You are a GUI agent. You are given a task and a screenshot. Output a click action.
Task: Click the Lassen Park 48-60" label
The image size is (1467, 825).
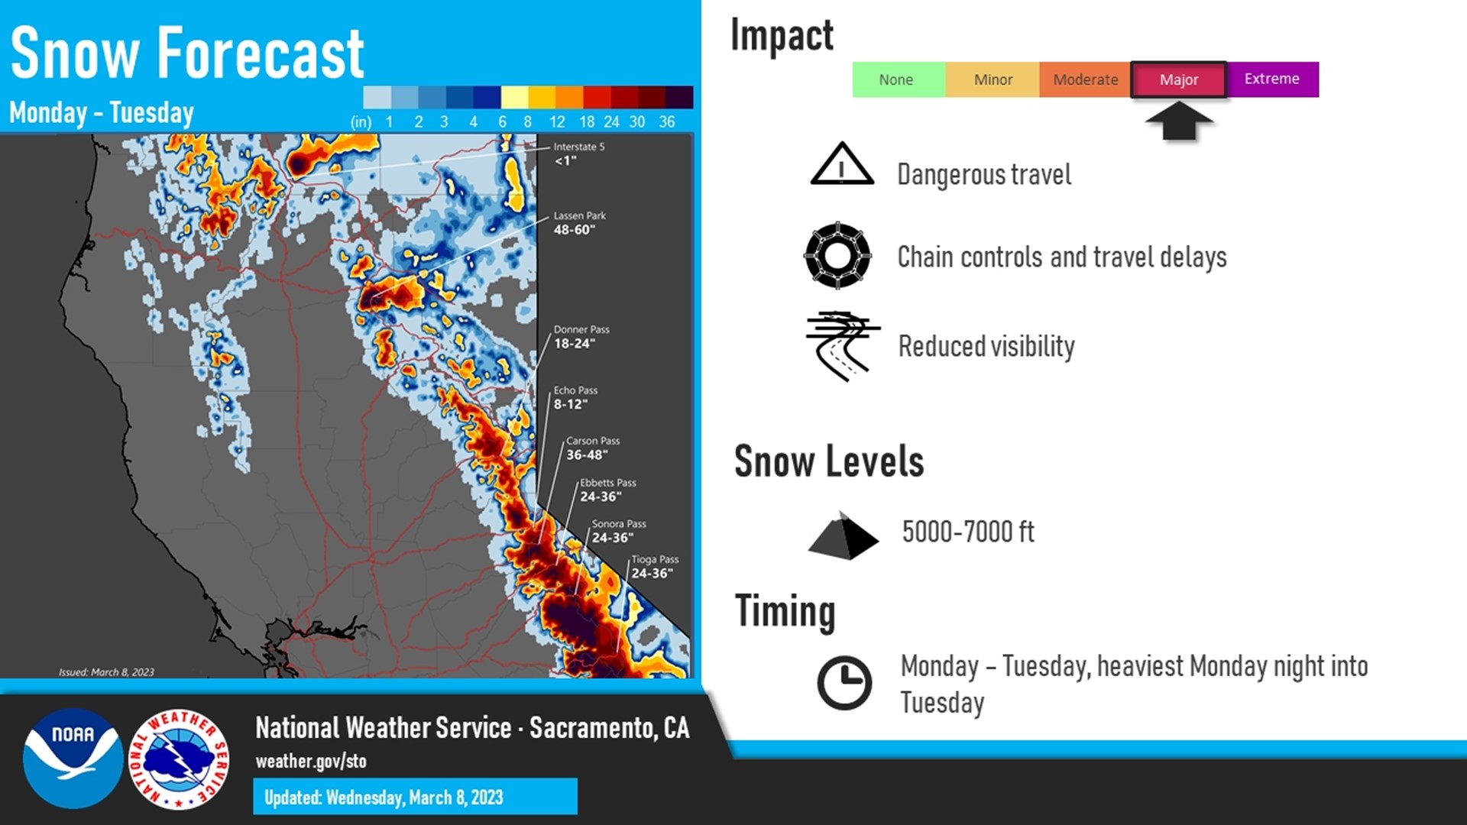click(x=579, y=223)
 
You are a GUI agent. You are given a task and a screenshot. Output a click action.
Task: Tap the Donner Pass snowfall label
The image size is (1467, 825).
click(x=581, y=337)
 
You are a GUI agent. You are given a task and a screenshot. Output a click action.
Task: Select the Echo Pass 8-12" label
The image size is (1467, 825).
click(x=575, y=397)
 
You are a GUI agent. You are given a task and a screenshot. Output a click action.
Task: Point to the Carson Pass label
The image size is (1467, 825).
click(x=592, y=448)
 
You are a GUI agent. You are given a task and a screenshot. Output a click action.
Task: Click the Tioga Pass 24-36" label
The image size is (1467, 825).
click(x=654, y=567)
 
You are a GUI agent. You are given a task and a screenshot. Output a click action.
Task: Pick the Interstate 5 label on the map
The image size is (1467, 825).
click(x=578, y=154)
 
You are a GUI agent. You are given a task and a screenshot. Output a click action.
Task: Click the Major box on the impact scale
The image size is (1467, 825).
click(x=1178, y=79)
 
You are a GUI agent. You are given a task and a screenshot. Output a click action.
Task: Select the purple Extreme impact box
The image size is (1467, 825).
click(x=1272, y=79)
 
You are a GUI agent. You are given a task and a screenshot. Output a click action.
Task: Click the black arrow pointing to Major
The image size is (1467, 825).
click(x=1178, y=121)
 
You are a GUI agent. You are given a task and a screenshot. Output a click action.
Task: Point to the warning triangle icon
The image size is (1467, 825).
click(x=841, y=164)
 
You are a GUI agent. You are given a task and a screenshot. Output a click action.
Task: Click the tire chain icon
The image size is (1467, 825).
click(x=837, y=255)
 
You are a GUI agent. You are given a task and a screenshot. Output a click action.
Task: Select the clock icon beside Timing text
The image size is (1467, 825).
click(x=844, y=682)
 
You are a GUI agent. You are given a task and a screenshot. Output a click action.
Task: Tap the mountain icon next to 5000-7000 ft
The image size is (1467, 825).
click(x=844, y=535)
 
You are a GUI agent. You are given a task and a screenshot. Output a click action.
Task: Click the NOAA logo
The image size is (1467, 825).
click(x=73, y=758)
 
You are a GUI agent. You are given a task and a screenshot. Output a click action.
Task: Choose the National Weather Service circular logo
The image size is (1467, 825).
click(x=179, y=758)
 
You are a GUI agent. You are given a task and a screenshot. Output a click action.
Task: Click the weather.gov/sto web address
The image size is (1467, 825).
click(x=311, y=761)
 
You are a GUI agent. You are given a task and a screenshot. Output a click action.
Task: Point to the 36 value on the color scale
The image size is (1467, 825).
click(x=666, y=121)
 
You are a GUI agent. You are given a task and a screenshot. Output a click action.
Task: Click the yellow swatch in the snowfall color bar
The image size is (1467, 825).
click(x=514, y=97)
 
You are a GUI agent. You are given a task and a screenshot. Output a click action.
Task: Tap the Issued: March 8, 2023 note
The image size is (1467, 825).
click(x=106, y=672)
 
